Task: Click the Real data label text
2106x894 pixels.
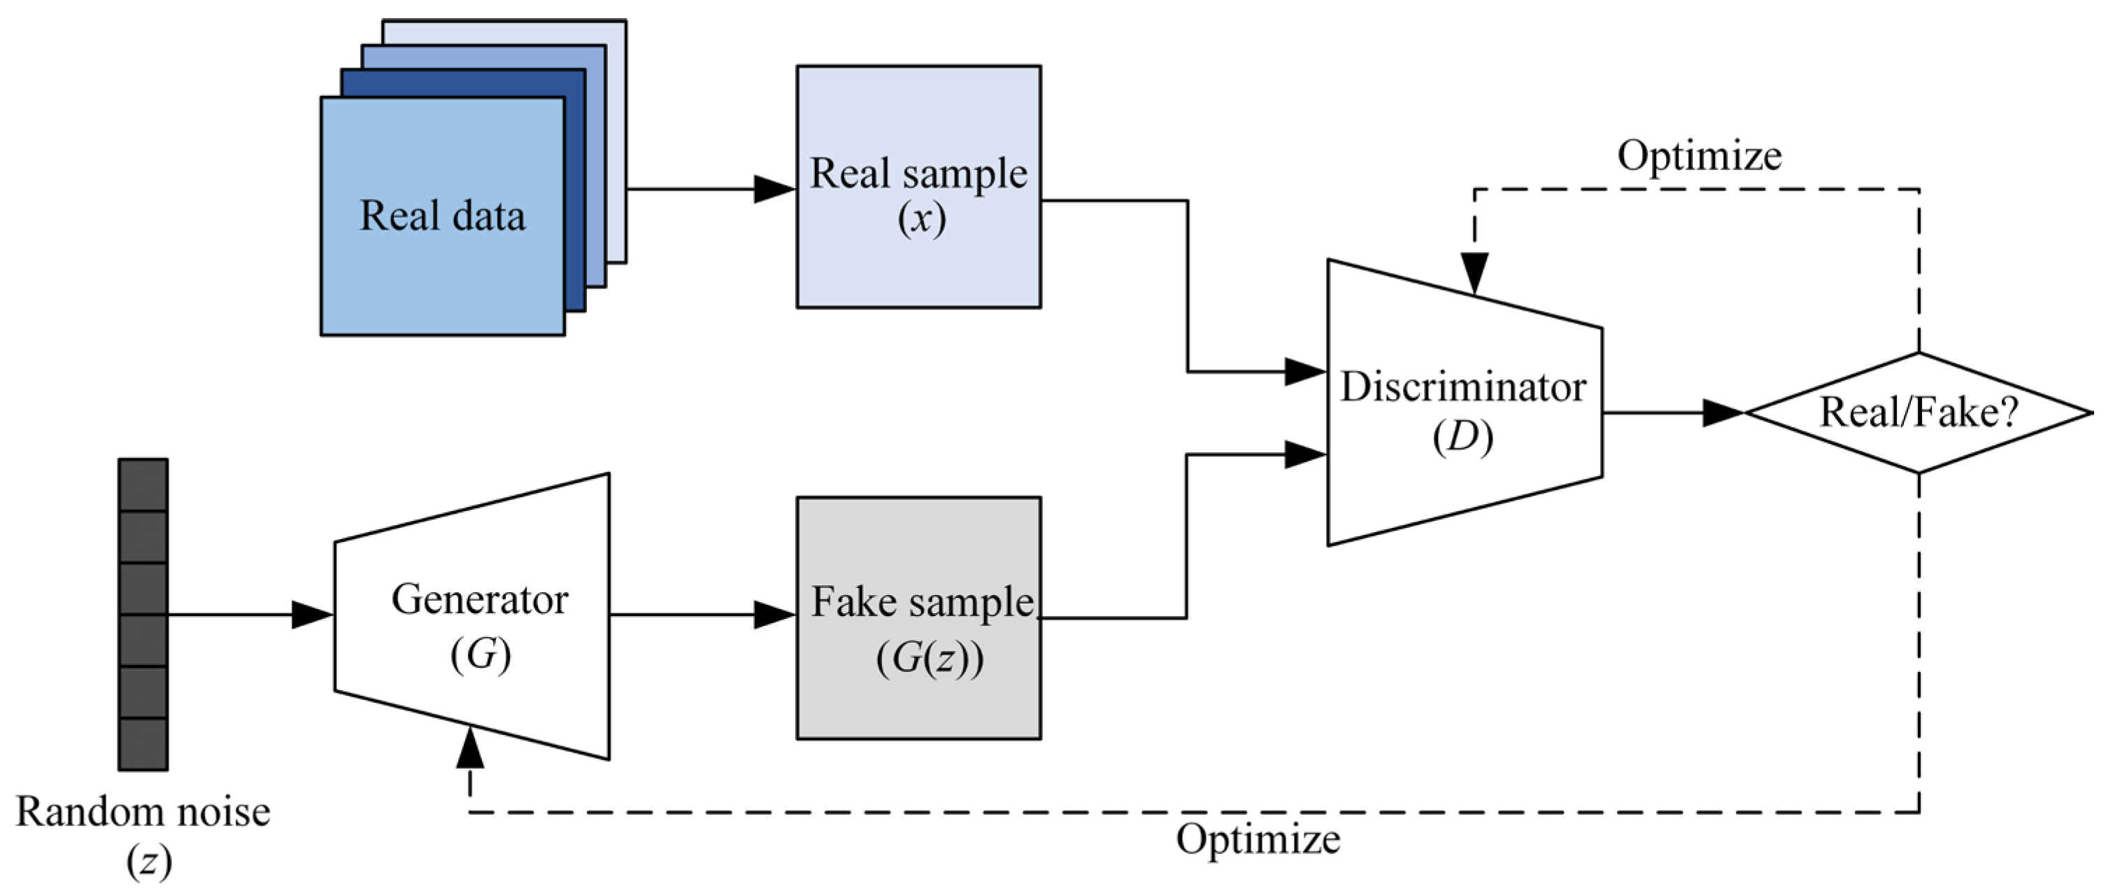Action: coord(442,216)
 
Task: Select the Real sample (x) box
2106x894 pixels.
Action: coord(918,186)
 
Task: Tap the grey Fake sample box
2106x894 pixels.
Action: coord(918,617)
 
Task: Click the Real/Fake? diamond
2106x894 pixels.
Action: coord(1918,412)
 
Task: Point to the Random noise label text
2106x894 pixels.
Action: coord(143,812)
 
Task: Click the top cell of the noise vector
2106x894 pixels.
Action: coord(143,484)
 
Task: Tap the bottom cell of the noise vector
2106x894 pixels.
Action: coord(143,743)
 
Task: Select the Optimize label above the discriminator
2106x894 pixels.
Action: coord(1699,155)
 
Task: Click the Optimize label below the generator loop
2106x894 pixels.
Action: coord(1258,839)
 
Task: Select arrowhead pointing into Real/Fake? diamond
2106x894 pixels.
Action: coord(1723,412)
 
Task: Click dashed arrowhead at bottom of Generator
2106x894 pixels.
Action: coord(470,748)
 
